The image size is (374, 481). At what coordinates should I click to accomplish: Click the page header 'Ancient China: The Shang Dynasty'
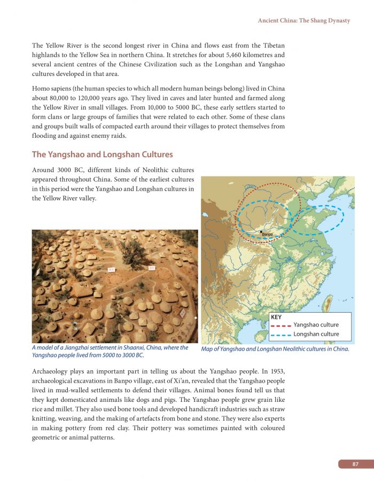(x=304, y=20)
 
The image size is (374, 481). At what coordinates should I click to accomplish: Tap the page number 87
(x=355, y=464)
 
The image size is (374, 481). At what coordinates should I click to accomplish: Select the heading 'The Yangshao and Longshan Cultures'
(x=102, y=154)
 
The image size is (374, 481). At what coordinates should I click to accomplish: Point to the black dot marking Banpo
(x=261, y=231)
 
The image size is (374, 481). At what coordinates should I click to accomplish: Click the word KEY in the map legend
(x=276, y=317)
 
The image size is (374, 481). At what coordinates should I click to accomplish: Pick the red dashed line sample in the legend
(x=280, y=325)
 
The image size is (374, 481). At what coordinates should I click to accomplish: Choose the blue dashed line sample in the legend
(x=280, y=335)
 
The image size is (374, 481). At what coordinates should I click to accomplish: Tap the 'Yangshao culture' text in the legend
(x=316, y=325)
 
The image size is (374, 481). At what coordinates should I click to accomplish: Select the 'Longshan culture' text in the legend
(x=316, y=335)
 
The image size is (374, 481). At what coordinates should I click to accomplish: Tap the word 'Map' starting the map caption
(x=207, y=350)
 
